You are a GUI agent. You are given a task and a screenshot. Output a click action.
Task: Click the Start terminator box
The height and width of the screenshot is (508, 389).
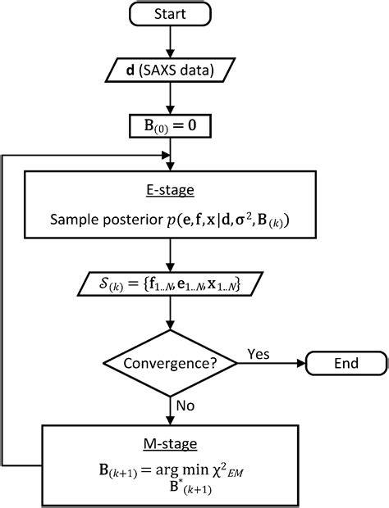(168, 14)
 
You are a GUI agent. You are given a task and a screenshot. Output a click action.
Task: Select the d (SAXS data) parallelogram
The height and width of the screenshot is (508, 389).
(168, 71)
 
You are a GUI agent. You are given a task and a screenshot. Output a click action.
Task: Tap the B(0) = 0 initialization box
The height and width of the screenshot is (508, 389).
(168, 127)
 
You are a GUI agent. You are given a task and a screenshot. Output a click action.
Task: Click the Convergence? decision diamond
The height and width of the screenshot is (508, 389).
(168, 362)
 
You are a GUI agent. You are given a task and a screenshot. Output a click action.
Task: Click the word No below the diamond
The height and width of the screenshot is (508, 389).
(185, 404)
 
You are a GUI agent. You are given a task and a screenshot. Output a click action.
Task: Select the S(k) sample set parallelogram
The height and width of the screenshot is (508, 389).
(168, 284)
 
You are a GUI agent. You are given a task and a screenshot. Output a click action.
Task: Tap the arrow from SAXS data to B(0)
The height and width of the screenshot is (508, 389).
(168, 99)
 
